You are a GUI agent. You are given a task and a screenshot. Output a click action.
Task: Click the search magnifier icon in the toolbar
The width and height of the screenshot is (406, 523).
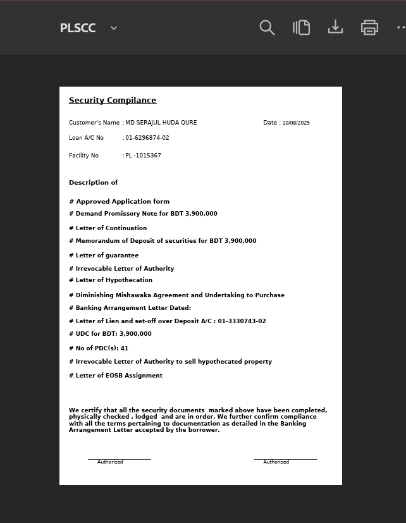(267, 28)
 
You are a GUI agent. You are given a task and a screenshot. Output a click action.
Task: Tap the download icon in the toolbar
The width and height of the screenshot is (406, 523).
(335, 27)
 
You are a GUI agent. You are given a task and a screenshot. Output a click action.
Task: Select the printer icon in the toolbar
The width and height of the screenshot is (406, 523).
(369, 28)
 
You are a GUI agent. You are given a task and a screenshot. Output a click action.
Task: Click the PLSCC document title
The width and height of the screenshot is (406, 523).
(78, 28)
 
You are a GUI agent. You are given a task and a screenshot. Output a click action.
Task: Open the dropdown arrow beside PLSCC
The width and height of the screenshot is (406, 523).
(114, 28)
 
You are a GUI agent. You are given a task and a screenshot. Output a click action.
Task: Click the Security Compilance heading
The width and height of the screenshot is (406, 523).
(113, 101)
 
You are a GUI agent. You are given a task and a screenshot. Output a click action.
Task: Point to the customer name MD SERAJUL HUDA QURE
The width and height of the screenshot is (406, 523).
(161, 123)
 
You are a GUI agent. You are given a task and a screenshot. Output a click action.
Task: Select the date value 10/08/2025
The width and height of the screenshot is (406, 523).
(296, 123)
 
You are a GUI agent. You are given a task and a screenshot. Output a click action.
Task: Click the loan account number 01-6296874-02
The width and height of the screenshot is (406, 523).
(147, 138)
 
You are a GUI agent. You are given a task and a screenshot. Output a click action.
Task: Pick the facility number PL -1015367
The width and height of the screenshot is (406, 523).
(143, 156)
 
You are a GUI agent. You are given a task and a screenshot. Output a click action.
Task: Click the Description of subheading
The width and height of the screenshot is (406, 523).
(94, 183)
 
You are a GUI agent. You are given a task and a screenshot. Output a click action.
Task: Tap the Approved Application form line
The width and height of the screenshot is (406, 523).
(120, 202)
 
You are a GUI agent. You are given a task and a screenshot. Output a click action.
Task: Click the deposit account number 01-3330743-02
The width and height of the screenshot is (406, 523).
(242, 321)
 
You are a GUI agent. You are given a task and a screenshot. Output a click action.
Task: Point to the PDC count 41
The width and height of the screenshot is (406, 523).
(125, 348)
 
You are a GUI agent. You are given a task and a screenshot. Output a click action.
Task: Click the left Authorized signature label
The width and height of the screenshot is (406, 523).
(110, 462)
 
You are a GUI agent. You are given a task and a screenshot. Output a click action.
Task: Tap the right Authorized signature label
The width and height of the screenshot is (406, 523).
(276, 462)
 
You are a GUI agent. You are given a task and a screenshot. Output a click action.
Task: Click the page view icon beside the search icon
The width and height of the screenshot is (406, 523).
(302, 28)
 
